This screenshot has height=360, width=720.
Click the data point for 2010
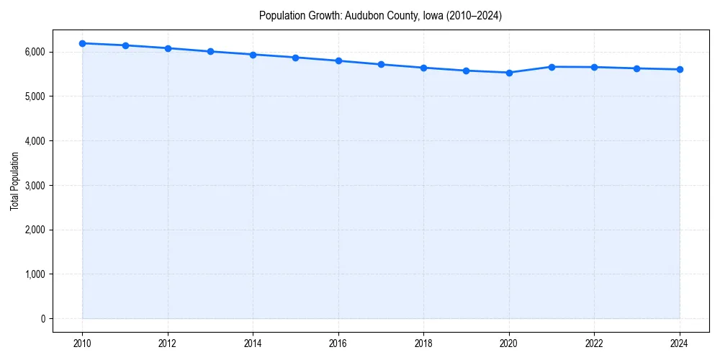[x=83, y=43]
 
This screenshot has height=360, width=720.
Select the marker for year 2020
[x=509, y=73]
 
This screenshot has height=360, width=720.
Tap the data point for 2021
[x=552, y=67]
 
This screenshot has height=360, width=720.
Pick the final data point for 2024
[x=680, y=70]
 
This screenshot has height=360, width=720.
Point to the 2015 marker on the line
[x=296, y=58]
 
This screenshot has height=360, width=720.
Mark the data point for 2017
[x=381, y=65]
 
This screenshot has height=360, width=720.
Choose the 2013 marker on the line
[x=210, y=51]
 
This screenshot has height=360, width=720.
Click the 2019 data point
[x=467, y=71]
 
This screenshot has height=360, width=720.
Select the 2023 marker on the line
[x=637, y=68]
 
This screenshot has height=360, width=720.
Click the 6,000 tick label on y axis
[x=33, y=53]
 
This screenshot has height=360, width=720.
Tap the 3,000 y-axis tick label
[x=33, y=186]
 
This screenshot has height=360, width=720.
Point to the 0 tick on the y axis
[x=42, y=319]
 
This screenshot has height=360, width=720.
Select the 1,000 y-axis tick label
[x=33, y=274]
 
